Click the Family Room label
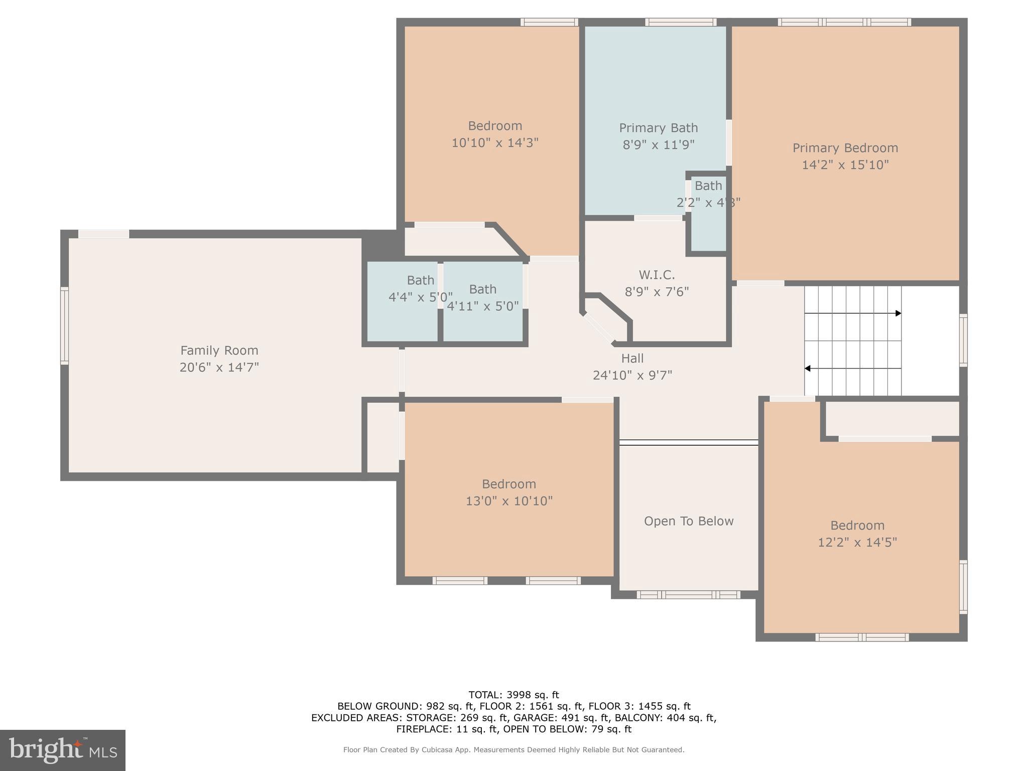(x=219, y=350)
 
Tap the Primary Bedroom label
(x=845, y=148)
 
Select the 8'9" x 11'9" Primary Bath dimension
(x=658, y=145)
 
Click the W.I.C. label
(x=657, y=275)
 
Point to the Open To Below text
(x=689, y=521)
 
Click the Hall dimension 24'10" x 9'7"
(x=632, y=375)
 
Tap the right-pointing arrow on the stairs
(x=898, y=313)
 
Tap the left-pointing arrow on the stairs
(x=808, y=368)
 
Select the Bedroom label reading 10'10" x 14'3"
(x=495, y=126)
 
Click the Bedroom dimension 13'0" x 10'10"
(x=509, y=501)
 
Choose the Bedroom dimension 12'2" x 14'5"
(x=857, y=543)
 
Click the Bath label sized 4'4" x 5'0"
(x=420, y=280)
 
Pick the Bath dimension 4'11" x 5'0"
(x=482, y=306)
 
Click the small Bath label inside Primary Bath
(x=708, y=186)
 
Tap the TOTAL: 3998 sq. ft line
(x=513, y=695)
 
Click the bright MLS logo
(x=63, y=750)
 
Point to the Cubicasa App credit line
(x=513, y=750)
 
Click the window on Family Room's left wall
(x=64, y=325)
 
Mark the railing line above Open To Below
(x=688, y=442)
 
